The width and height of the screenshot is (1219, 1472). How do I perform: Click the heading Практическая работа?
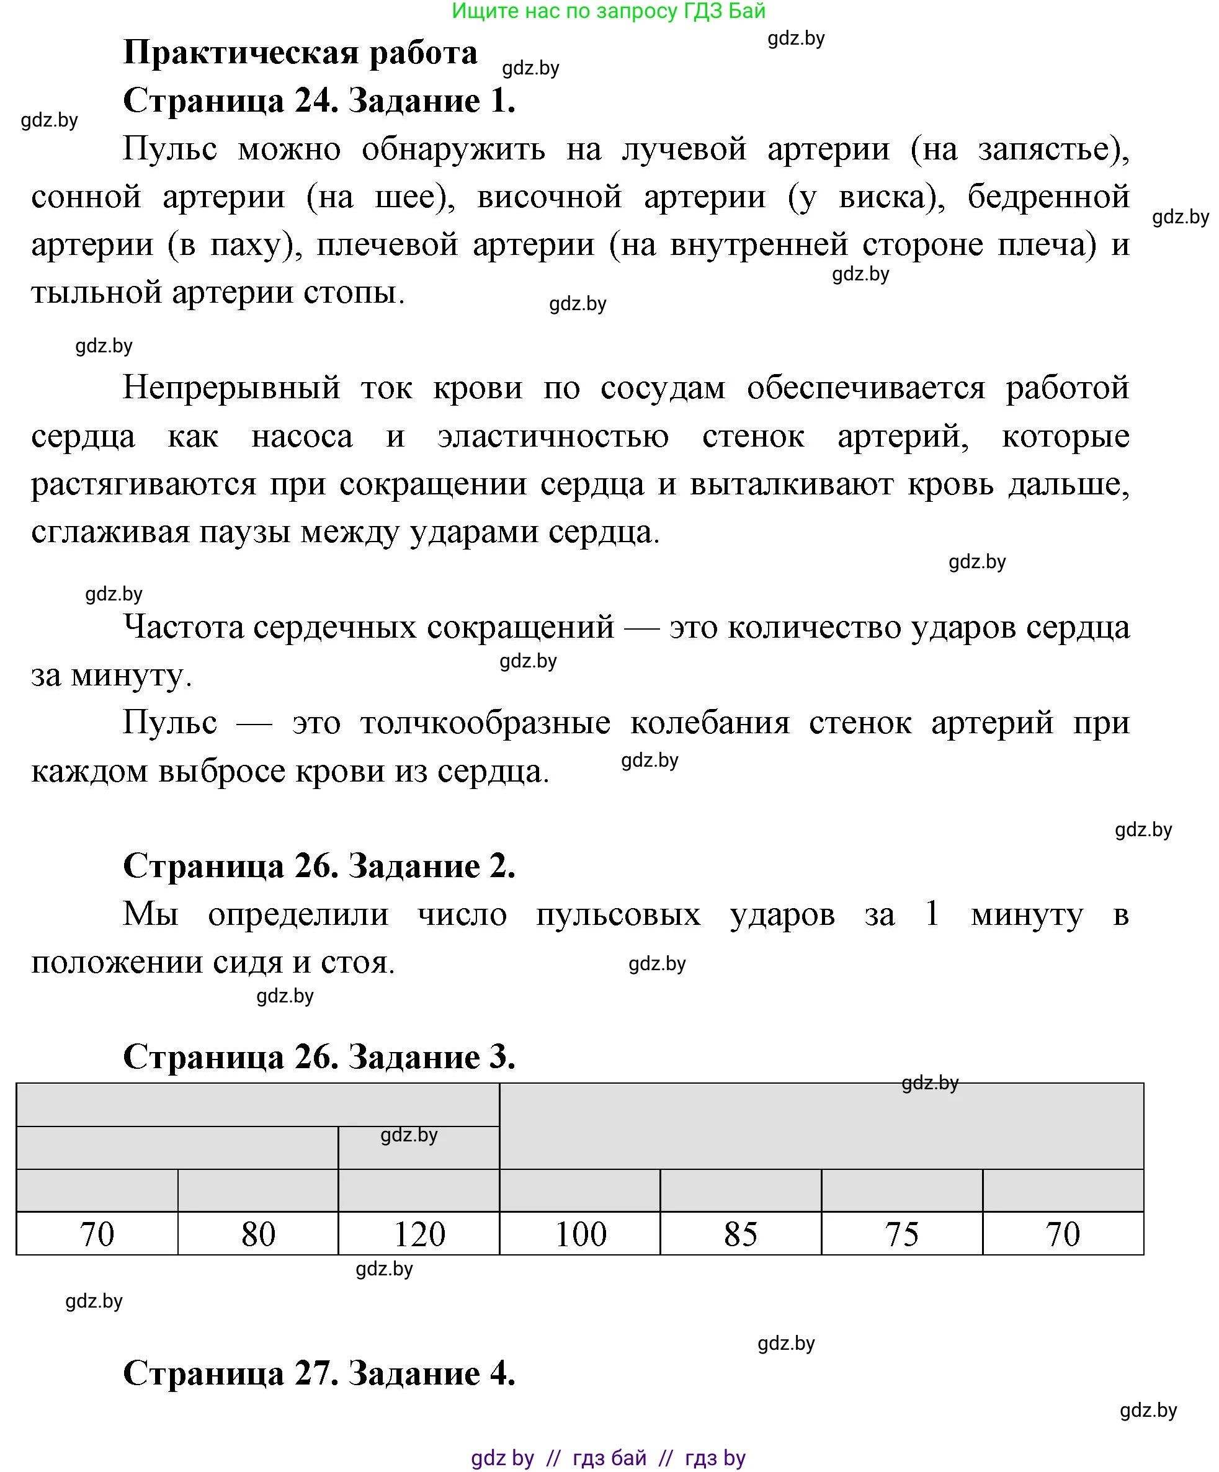tap(300, 53)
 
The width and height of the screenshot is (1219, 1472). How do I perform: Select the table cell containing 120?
tap(419, 1234)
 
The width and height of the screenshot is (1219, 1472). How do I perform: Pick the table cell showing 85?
tap(740, 1234)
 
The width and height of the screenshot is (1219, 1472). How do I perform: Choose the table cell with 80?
tap(258, 1234)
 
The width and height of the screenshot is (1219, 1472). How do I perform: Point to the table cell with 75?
tap(901, 1234)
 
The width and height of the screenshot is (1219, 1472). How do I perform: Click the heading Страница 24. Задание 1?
tap(319, 101)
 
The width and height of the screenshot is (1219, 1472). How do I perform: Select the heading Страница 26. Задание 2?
tap(319, 867)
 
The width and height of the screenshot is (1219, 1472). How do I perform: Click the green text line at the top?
tap(609, 11)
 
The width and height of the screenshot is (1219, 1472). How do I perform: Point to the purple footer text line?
tap(609, 1458)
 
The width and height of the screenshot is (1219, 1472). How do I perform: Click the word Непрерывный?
tap(231, 388)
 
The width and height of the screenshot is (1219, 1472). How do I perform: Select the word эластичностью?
tap(553, 437)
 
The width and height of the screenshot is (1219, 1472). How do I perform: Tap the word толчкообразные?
tap(485, 723)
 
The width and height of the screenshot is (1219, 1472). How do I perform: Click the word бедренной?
tap(1048, 197)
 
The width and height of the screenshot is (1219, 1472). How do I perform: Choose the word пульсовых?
tap(618, 915)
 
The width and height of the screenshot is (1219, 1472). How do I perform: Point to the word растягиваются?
tap(144, 485)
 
